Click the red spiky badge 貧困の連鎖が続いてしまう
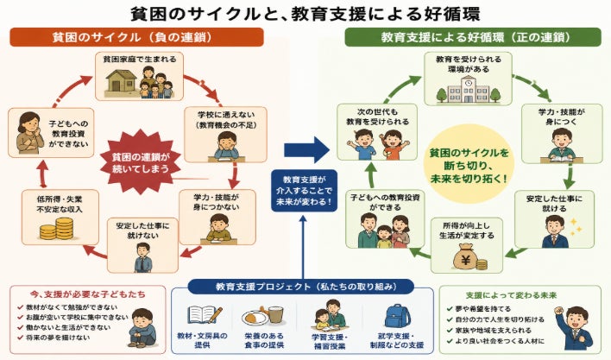point(141,162)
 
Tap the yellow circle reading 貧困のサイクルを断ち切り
point(469,164)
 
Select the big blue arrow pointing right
point(306,150)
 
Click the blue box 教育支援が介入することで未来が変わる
point(304,191)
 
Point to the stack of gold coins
point(57,229)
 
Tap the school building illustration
point(468,89)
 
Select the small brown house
point(122,81)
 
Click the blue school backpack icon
point(397,316)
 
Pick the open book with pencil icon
point(205,315)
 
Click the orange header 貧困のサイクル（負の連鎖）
point(136,37)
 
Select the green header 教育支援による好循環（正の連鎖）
point(473,37)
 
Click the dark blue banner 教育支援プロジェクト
point(301,287)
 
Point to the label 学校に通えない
point(226,115)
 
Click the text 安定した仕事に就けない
point(142,231)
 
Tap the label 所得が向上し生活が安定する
point(466,231)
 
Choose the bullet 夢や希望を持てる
point(479,309)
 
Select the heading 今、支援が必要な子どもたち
point(88,294)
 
